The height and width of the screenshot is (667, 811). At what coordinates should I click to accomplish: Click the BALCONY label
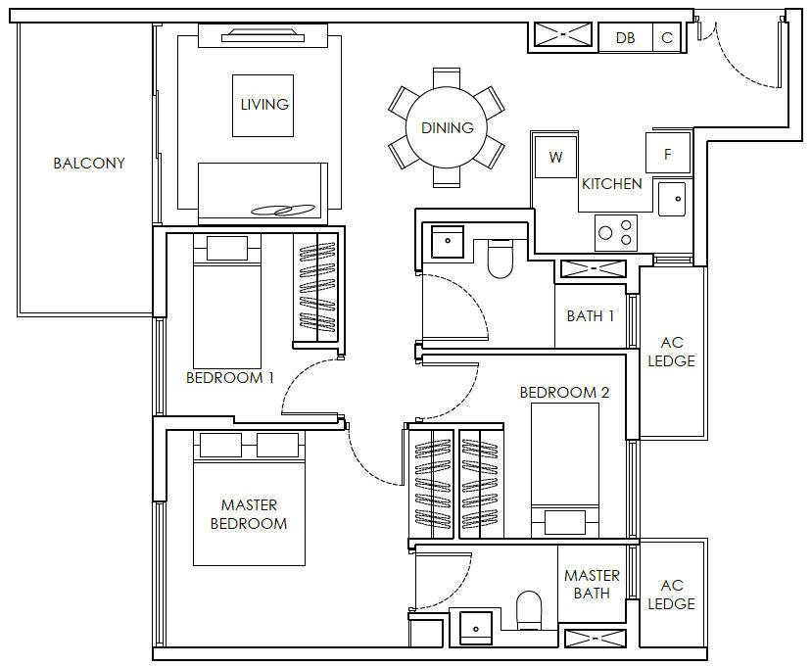click(89, 164)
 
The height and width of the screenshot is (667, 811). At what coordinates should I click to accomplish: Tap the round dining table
click(447, 127)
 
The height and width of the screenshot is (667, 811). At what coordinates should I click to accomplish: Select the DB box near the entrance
click(625, 38)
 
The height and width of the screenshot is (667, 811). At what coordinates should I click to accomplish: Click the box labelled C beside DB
click(667, 38)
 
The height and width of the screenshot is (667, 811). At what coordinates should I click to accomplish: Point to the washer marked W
click(555, 157)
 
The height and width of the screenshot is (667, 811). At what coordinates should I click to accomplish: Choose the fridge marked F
click(668, 153)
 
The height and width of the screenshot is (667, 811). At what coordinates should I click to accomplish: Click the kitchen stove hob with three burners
click(615, 233)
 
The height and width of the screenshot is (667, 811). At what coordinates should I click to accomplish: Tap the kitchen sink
click(672, 199)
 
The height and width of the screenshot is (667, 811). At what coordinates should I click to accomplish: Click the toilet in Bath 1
click(500, 259)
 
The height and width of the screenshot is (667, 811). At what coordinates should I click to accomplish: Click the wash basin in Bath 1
click(448, 241)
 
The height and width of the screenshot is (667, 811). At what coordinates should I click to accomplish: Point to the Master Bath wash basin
click(476, 628)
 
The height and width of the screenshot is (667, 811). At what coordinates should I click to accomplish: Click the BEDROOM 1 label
click(229, 378)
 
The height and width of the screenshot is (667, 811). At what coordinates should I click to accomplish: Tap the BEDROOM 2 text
click(564, 393)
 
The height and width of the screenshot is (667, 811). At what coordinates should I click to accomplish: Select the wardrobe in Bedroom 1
click(315, 288)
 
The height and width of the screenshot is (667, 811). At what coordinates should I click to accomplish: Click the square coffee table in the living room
click(262, 106)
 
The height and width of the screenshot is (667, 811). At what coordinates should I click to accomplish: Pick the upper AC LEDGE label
click(671, 352)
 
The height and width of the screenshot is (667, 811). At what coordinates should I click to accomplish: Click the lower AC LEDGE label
click(671, 595)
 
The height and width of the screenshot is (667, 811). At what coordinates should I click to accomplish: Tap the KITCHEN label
click(612, 183)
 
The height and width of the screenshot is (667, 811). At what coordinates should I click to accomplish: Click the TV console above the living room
click(262, 37)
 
